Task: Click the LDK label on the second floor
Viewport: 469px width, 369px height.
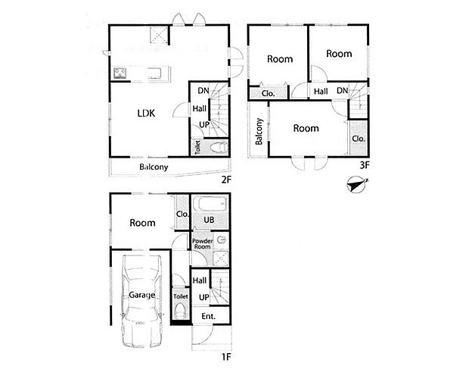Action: click(146, 114)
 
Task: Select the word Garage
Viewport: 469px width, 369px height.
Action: click(141, 295)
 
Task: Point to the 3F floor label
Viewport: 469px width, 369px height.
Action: click(363, 164)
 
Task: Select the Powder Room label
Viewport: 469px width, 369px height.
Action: click(201, 243)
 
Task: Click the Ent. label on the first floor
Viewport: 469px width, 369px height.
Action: click(208, 316)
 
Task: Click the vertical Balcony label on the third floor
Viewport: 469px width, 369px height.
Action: click(259, 132)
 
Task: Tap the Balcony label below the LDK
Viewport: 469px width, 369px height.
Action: click(154, 167)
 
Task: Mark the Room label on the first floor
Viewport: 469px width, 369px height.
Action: click(142, 223)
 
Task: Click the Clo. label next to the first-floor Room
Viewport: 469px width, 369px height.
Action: click(182, 214)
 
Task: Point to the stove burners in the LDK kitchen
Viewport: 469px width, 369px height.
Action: click(120, 73)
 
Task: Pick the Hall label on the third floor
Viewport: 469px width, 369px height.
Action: click(321, 92)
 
